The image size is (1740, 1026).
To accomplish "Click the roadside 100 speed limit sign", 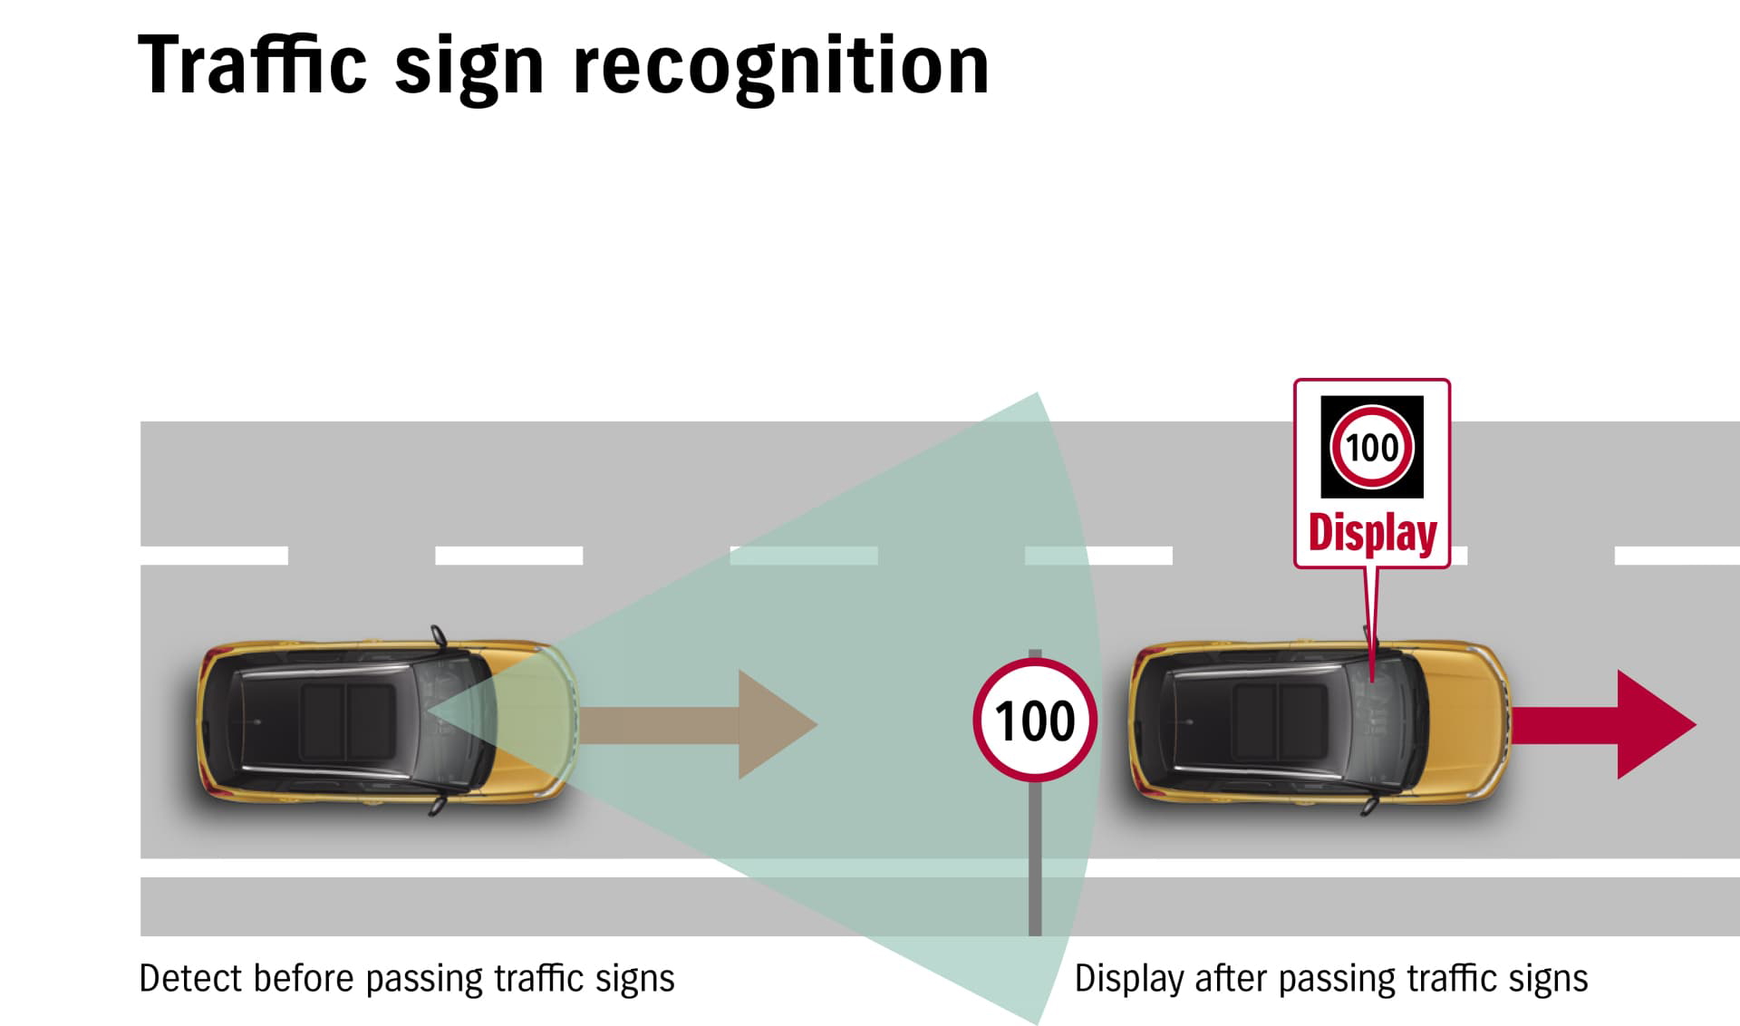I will [1035, 721].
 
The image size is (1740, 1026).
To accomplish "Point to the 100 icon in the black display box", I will [1371, 447].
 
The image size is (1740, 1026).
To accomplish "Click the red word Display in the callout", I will [1372, 533].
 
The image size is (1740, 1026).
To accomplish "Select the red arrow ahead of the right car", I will [1604, 724].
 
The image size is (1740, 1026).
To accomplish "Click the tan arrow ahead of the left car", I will [698, 724].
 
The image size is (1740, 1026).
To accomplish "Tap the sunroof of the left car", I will [347, 721].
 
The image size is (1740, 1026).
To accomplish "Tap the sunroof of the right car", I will [1278, 721].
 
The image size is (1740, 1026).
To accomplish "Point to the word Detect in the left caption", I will [189, 979].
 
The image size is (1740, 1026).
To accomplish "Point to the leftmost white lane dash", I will [214, 555].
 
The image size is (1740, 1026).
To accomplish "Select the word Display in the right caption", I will [1128, 979].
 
